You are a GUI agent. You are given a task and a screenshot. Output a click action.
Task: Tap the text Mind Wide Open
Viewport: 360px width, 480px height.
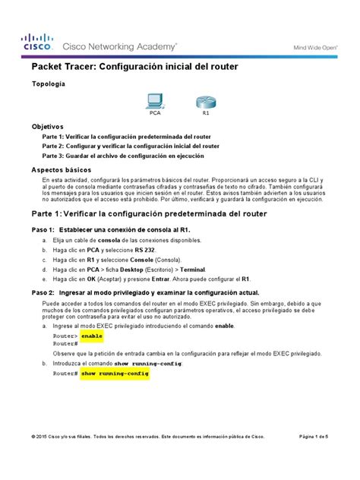(x=315, y=46)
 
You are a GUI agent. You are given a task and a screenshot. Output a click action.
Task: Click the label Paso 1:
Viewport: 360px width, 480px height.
(x=43, y=229)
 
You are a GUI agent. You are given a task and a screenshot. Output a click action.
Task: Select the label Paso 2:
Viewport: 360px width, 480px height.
(x=43, y=292)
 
